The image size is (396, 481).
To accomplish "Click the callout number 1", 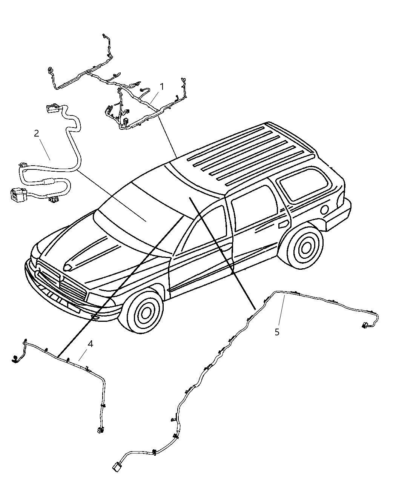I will pyautogui.click(x=162, y=87).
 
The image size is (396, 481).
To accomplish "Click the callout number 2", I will pyautogui.click(x=36, y=134).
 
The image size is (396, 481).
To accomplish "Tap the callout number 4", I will pyautogui.click(x=90, y=344).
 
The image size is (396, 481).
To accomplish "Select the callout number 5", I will pyautogui.click(x=277, y=332).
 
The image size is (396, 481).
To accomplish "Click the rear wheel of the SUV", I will pyautogui.click(x=305, y=247).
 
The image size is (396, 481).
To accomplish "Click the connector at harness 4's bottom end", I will pyautogui.click(x=100, y=430).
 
